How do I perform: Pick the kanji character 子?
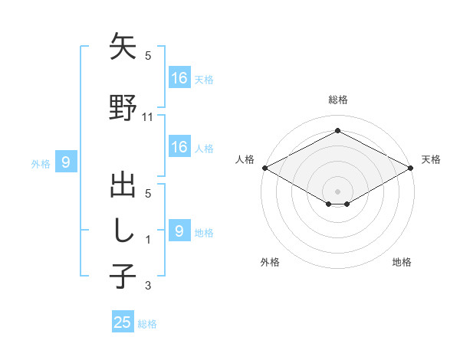coord(123,275)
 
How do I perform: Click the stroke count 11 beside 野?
coord(149,116)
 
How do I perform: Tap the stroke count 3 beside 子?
coord(149,286)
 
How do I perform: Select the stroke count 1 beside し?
coord(149,240)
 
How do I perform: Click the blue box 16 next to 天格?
coord(179,78)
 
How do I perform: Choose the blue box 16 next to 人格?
coord(179,147)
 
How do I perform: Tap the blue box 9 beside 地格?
coord(179,231)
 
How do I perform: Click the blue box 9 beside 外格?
coord(66,162)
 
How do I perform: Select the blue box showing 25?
coord(123,322)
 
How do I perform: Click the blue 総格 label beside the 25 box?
coord(147,324)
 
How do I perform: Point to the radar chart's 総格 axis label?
coord(337,100)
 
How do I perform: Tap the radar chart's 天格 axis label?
coord(432,159)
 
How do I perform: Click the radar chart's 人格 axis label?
coord(245,159)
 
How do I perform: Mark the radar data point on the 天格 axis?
coord(412,168)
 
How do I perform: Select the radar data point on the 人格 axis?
coord(264,168)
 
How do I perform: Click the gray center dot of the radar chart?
coord(337,191)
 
